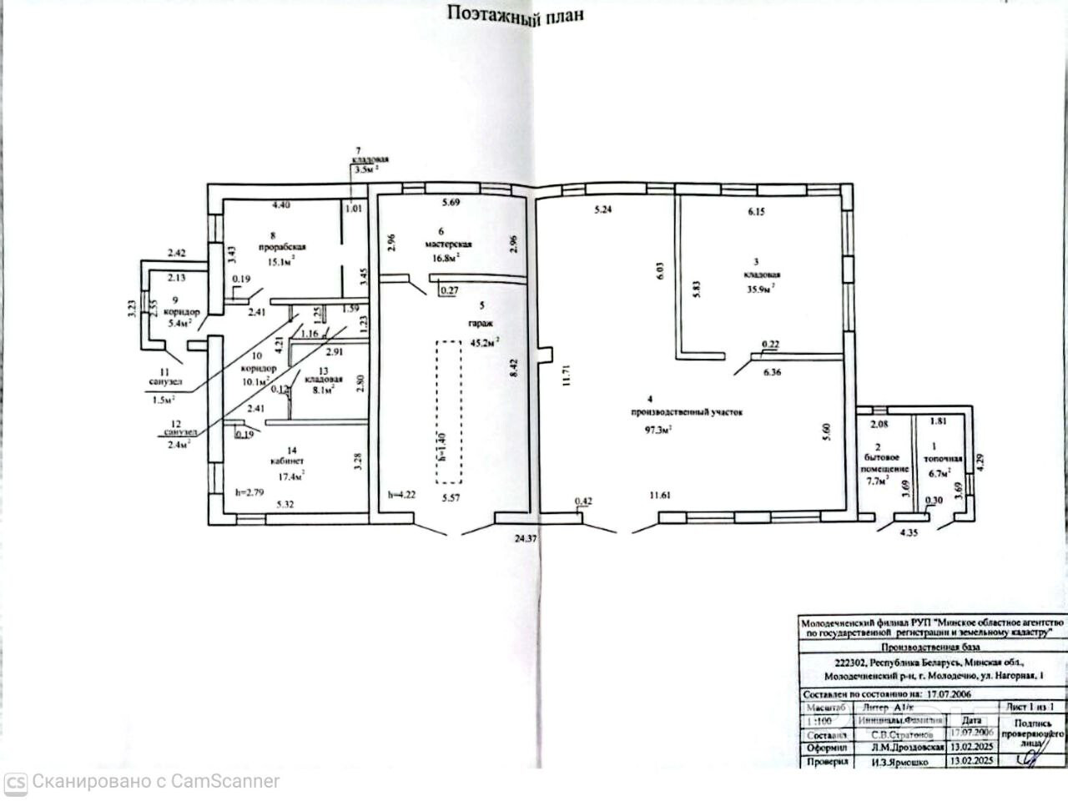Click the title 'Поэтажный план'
(x=513, y=13)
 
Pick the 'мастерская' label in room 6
(x=449, y=244)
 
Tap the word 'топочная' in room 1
(x=943, y=459)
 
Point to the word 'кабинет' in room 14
(x=285, y=461)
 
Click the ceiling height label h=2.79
(x=250, y=492)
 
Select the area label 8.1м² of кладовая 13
(x=324, y=388)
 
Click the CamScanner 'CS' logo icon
(x=17, y=783)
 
